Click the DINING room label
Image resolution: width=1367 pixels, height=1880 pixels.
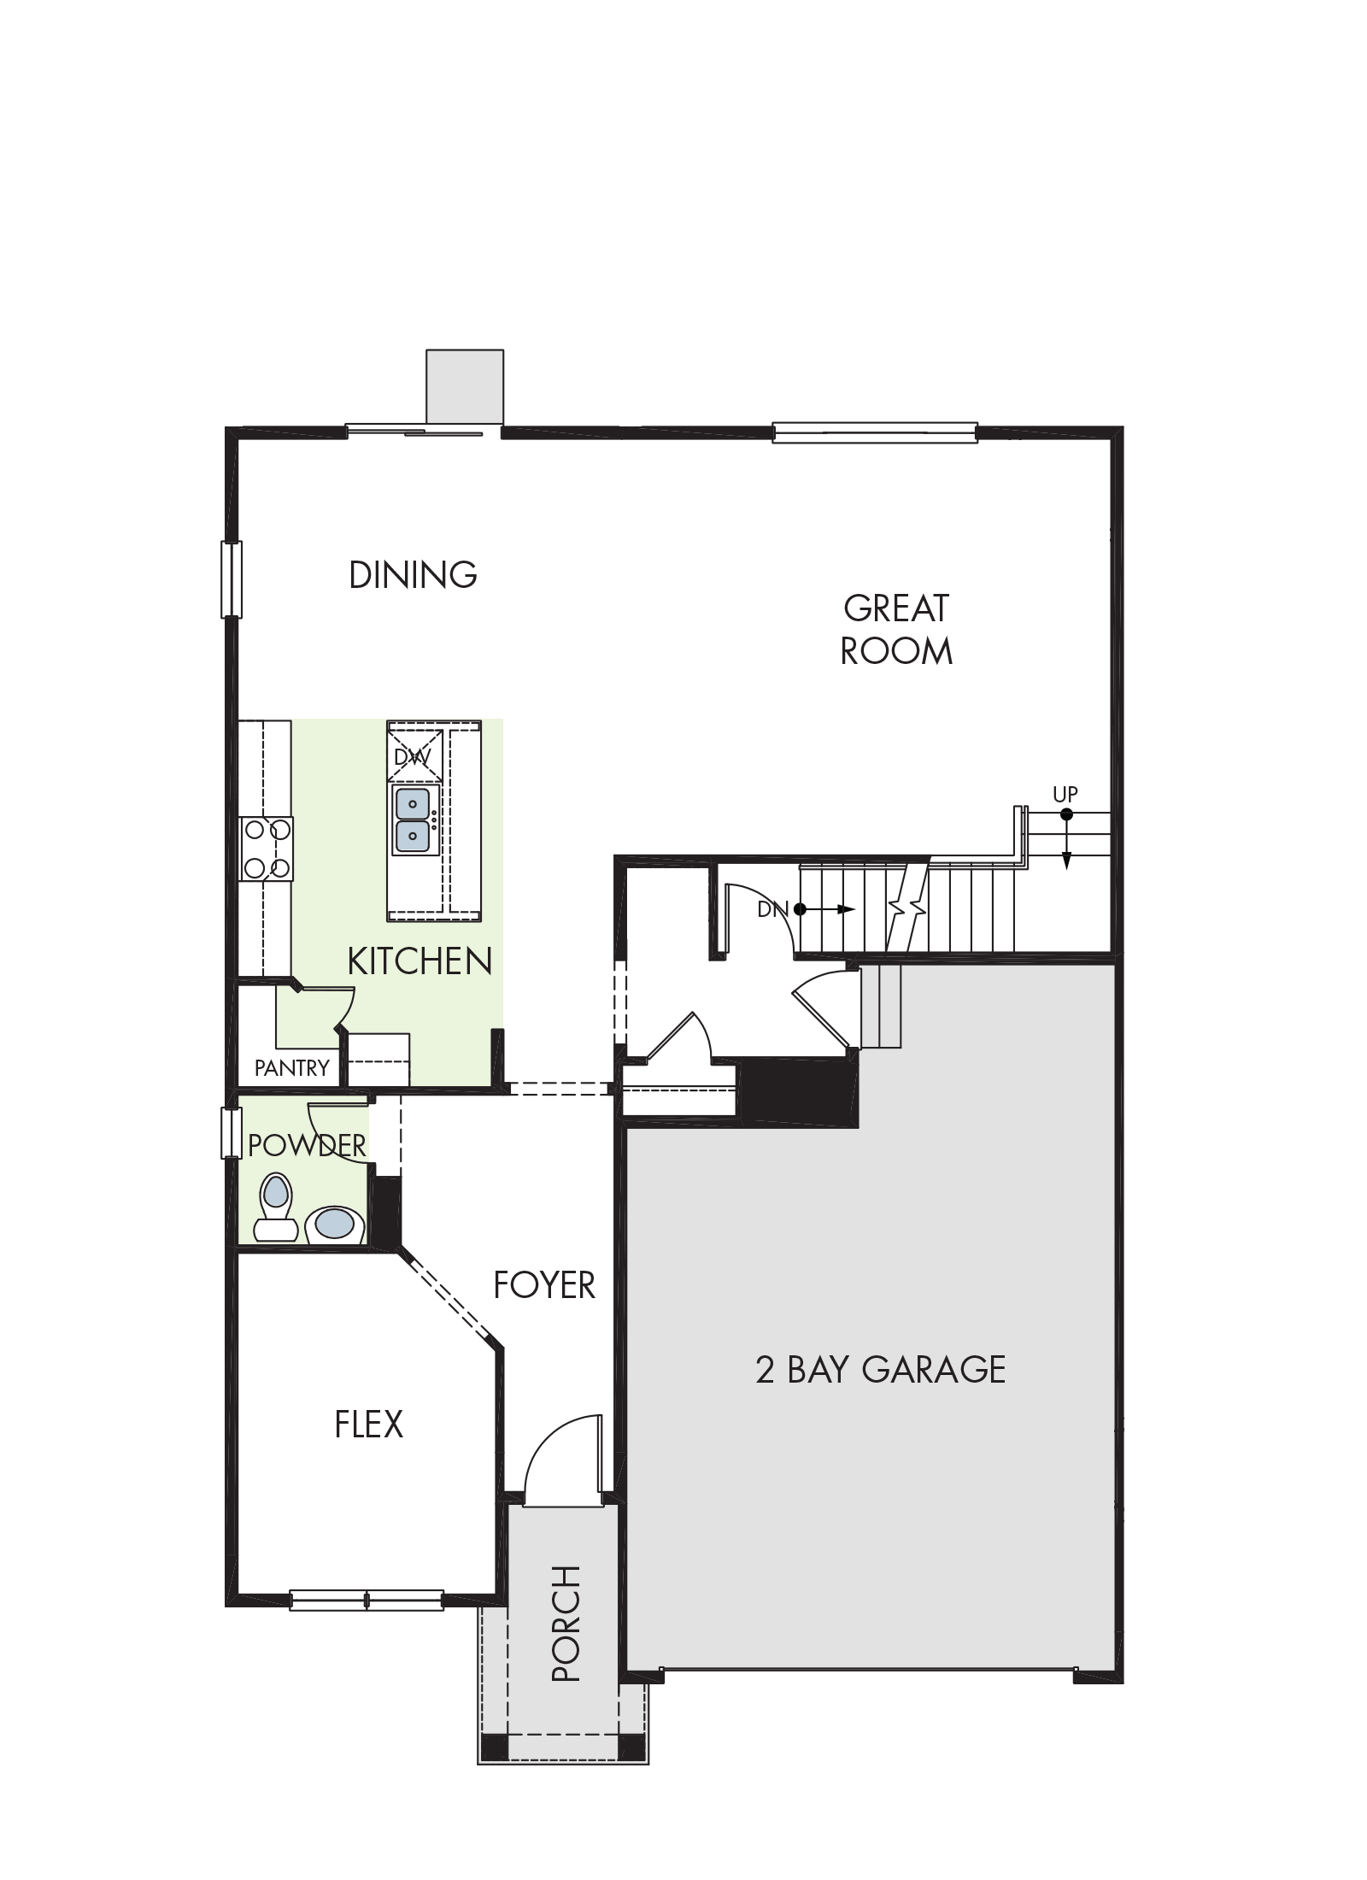[x=413, y=574]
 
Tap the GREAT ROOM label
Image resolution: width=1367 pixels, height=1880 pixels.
[x=895, y=630]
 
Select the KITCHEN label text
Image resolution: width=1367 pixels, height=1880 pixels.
[x=419, y=961]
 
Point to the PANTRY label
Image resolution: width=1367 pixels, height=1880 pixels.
[x=291, y=1067]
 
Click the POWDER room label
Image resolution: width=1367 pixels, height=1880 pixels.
[x=307, y=1145]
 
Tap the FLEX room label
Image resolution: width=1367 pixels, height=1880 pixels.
[x=368, y=1425]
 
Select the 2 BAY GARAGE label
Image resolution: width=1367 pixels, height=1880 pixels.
[x=880, y=1369]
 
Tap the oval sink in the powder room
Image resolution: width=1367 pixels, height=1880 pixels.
[x=335, y=1224]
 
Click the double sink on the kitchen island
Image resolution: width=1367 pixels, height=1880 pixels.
[x=414, y=820]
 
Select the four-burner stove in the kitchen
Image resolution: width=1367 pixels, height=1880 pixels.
[x=267, y=849]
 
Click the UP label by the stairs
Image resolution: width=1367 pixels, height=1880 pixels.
[x=1065, y=794]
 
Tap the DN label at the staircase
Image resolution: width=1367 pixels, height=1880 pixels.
[x=772, y=909]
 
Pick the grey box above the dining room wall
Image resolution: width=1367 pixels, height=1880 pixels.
[x=465, y=386]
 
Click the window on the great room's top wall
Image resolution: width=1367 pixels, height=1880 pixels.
[x=875, y=432]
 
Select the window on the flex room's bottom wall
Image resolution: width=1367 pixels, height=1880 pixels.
[x=367, y=1600]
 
